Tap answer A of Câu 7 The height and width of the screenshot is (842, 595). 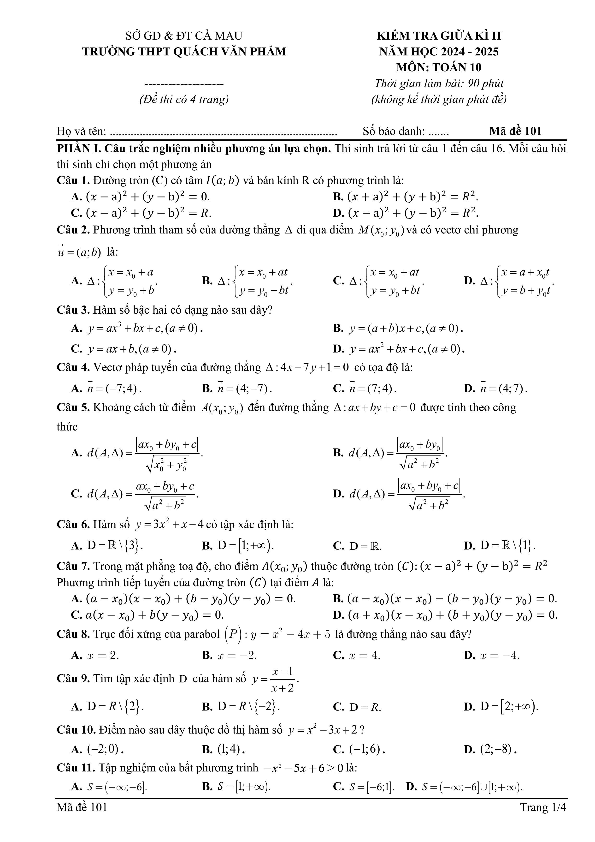tap(183, 599)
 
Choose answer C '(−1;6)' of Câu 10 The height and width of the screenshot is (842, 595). tap(359, 749)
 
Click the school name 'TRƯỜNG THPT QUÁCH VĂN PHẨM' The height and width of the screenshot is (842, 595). tap(184, 52)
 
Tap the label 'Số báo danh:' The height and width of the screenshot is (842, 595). tap(394, 131)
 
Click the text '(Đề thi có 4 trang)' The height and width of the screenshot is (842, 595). tap(184, 99)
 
